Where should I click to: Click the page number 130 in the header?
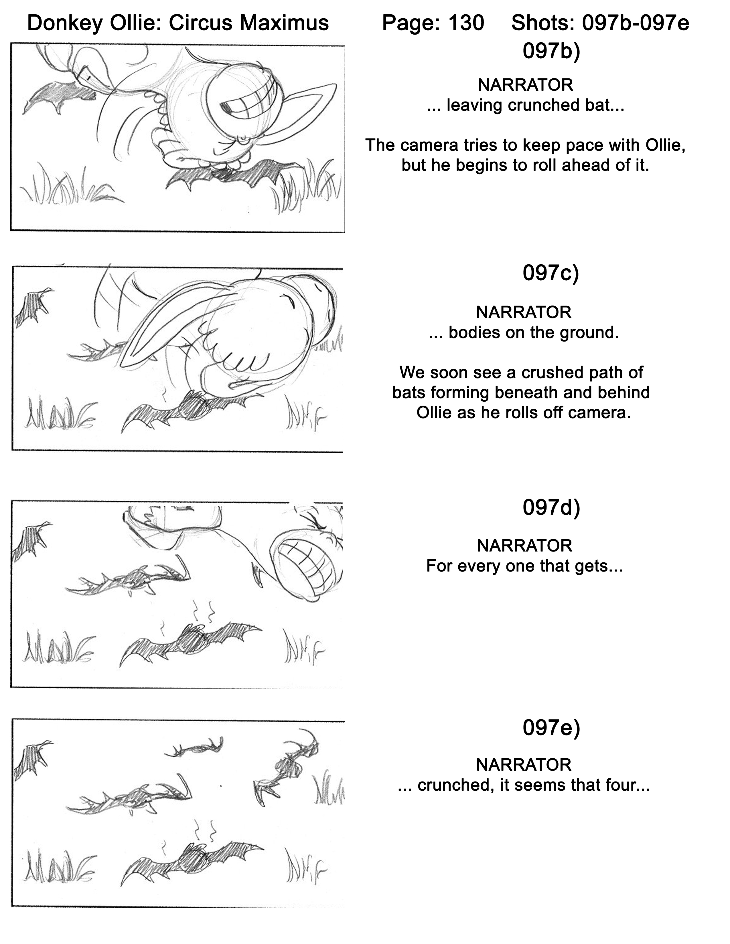466,23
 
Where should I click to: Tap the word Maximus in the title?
285,23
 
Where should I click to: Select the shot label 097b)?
551,51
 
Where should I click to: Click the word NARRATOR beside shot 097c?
524,312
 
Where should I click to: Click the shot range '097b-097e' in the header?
636,23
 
